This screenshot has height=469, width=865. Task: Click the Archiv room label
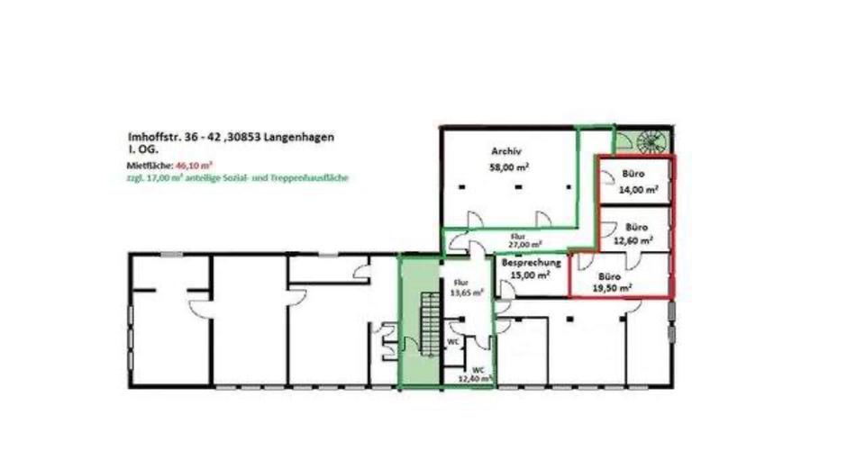pos(507,151)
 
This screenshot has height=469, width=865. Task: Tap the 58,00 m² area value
pos(509,167)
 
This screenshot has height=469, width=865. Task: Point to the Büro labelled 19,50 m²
pos(612,282)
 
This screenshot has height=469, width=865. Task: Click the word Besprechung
pos(532,263)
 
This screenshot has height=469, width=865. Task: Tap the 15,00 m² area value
pos(532,276)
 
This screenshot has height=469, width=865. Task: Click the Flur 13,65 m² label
pos(466,286)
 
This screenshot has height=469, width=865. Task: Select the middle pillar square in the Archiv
pos(519,186)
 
